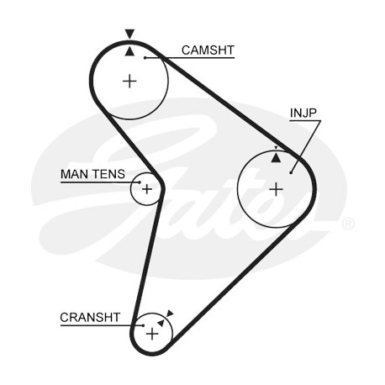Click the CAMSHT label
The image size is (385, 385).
[208, 50]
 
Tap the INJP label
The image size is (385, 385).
[303, 113]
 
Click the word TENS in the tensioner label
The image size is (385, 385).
[108, 174]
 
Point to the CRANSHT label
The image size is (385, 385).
[90, 318]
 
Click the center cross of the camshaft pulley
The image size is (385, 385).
[129, 82]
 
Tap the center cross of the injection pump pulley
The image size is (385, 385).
[276, 189]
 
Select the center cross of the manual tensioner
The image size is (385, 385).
[147, 189]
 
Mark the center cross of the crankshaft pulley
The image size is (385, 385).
[152, 334]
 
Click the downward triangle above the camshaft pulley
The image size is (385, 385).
[129, 34]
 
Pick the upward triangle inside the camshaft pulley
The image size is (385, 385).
[129, 51]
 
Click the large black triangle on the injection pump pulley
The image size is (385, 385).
[276, 158]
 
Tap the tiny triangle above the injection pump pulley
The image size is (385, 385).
[276, 148]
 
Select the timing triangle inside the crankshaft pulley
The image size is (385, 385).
[161, 323]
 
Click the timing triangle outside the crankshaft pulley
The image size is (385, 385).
[170, 314]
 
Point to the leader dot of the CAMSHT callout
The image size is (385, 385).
[145, 58]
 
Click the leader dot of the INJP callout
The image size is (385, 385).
[291, 172]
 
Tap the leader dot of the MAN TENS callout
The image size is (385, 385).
[140, 182]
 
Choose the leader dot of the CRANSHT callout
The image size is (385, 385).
[143, 325]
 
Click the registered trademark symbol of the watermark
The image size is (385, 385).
[348, 224]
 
